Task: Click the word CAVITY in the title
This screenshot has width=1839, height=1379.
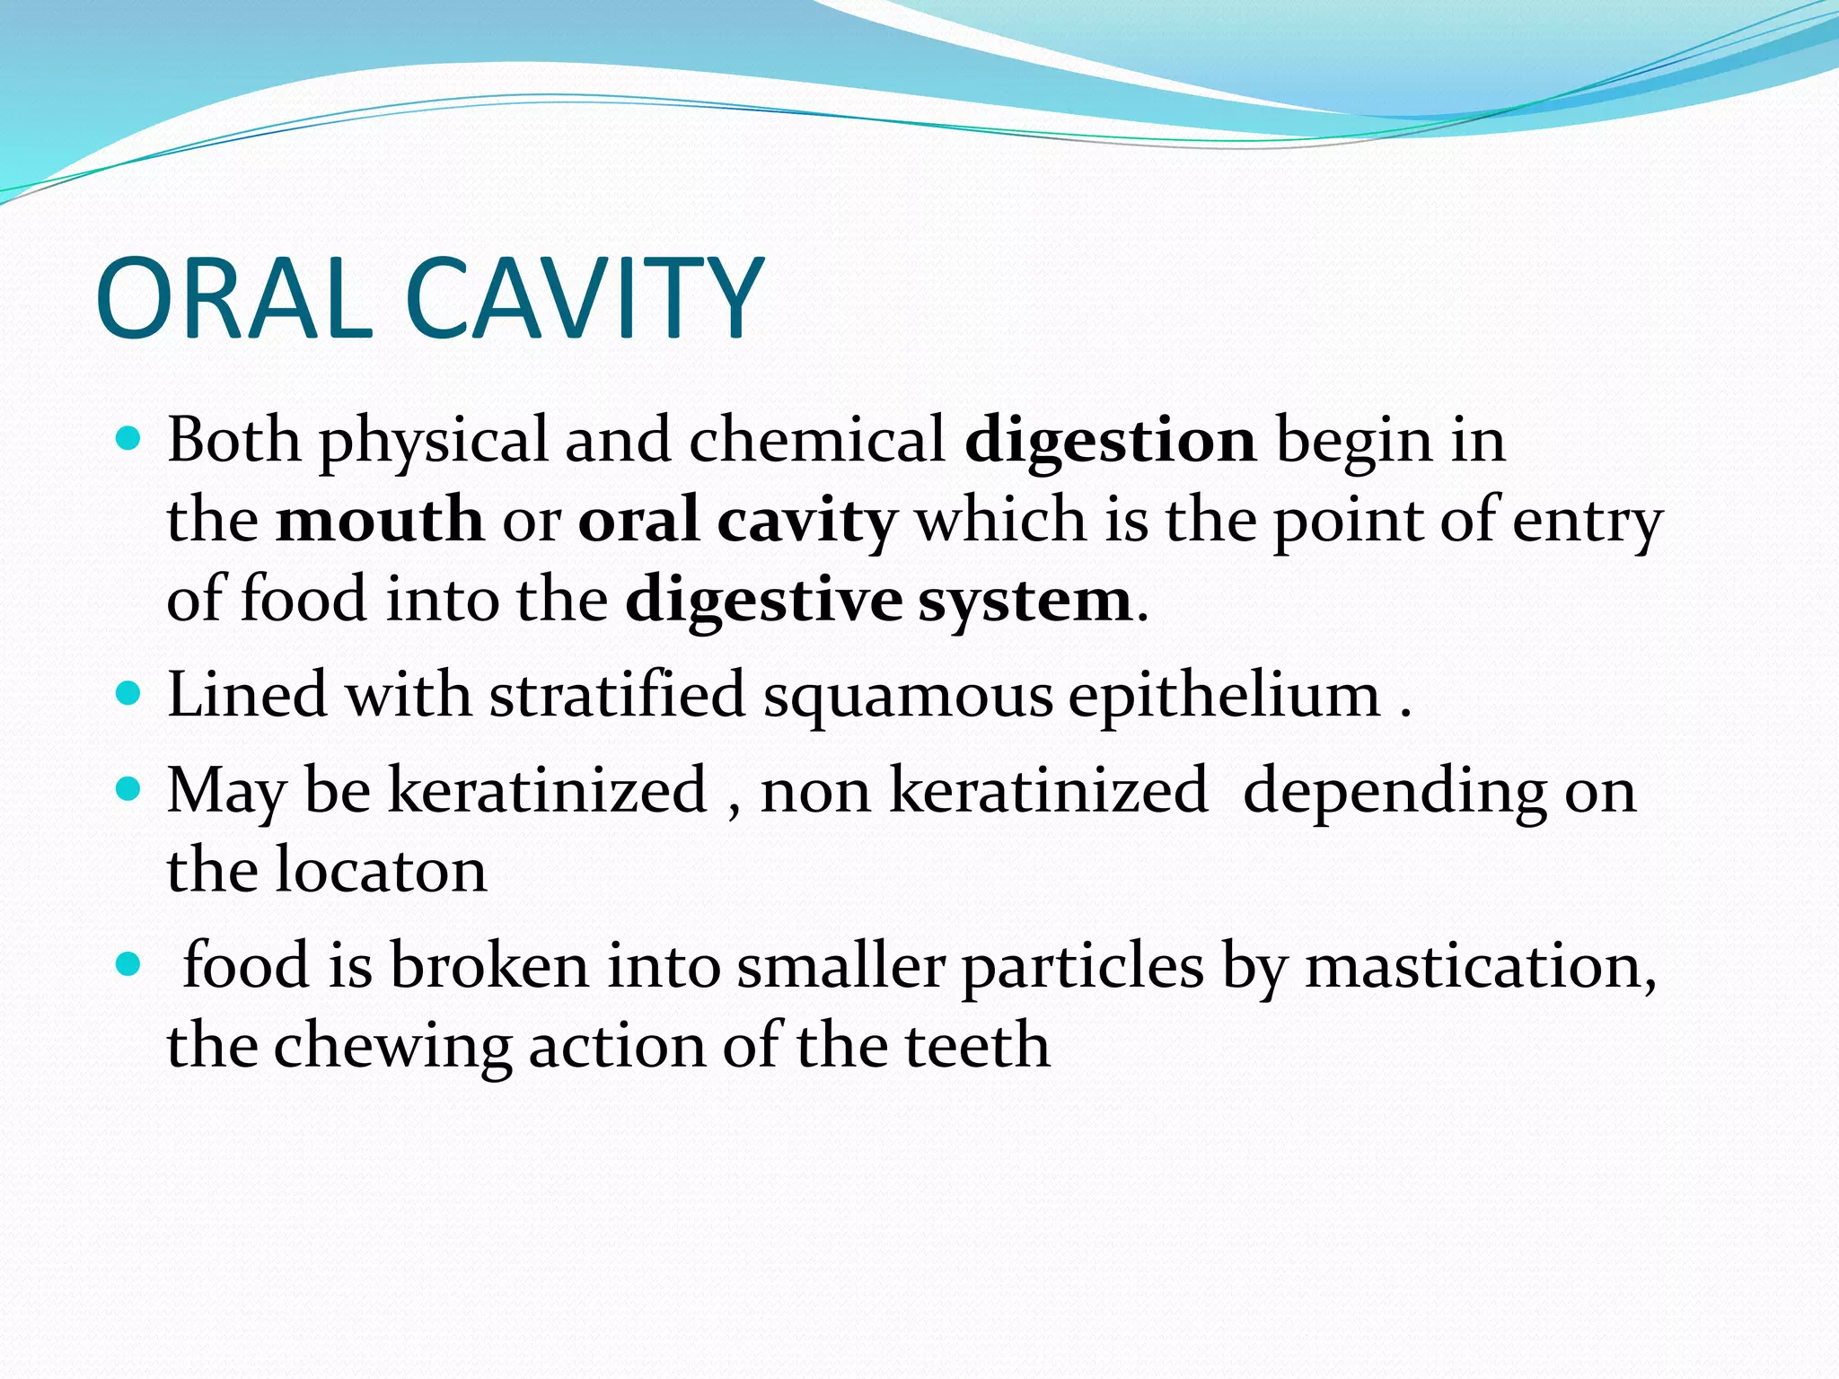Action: tap(584, 298)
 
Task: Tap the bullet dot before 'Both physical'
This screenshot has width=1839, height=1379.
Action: tap(129, 440)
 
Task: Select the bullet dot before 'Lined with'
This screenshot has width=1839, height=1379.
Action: tap(129, 694)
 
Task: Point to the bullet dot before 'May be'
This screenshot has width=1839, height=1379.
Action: tap(129, 790)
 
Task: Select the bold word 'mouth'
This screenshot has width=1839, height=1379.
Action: tap(379, 520)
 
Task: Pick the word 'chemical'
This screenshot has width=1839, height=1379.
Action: tap(816, 440)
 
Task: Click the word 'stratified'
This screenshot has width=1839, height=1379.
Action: tap(617, 695)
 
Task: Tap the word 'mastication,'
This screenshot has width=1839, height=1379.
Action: tap(1480, 967)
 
